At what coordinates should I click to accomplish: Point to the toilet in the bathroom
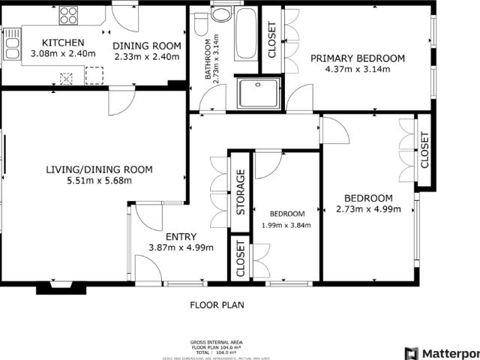(200, 25)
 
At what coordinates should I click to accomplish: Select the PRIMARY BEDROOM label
(358, 58)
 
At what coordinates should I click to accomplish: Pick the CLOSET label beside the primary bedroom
(271, 40)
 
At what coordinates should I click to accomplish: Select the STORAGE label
(241, 193)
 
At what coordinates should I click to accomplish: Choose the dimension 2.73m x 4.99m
(367, 209)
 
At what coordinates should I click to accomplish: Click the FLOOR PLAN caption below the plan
(217, 305)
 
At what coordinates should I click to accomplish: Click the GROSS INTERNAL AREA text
(217, 340)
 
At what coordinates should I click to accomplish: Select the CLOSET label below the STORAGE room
(241, 259)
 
